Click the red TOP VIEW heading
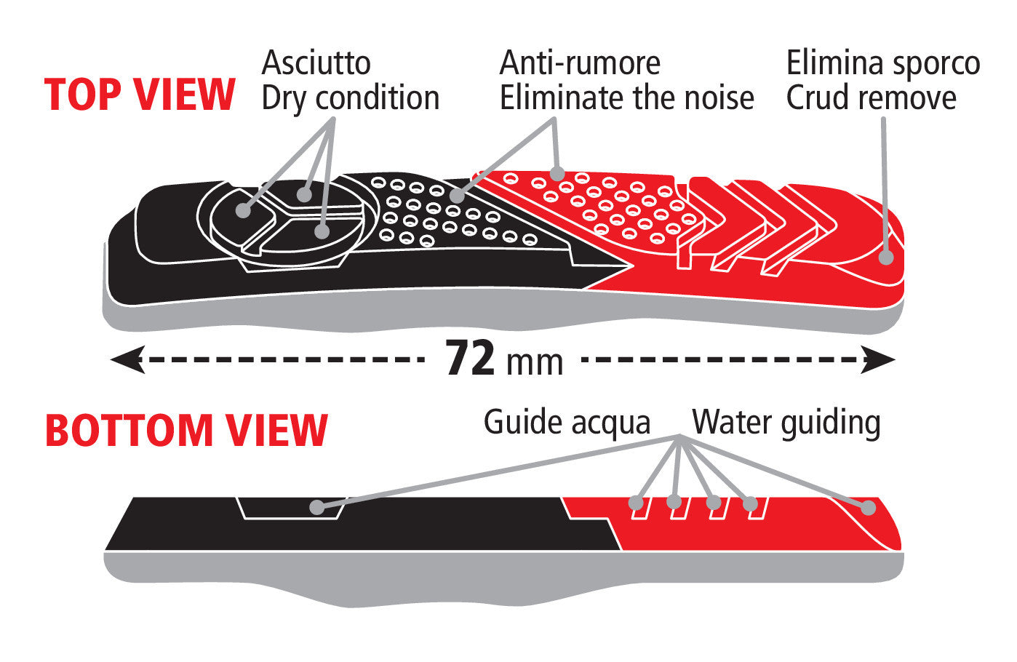[140, 95]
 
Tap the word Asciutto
[316, 63]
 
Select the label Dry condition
[351, 99]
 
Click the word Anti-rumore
[580, 63]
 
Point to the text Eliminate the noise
[626, 97]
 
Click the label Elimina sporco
[883, 63]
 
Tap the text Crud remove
[871, 97]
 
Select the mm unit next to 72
[535, 363]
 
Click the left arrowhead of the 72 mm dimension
[128, 359]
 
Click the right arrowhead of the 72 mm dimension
[878, 359]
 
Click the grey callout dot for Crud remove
[886, 258]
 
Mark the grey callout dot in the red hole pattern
[557, 173]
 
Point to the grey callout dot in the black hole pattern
[457, 196]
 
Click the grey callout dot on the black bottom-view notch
[318, 507]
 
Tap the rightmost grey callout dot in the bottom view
[868, 508]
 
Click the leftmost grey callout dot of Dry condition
[244, 210]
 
